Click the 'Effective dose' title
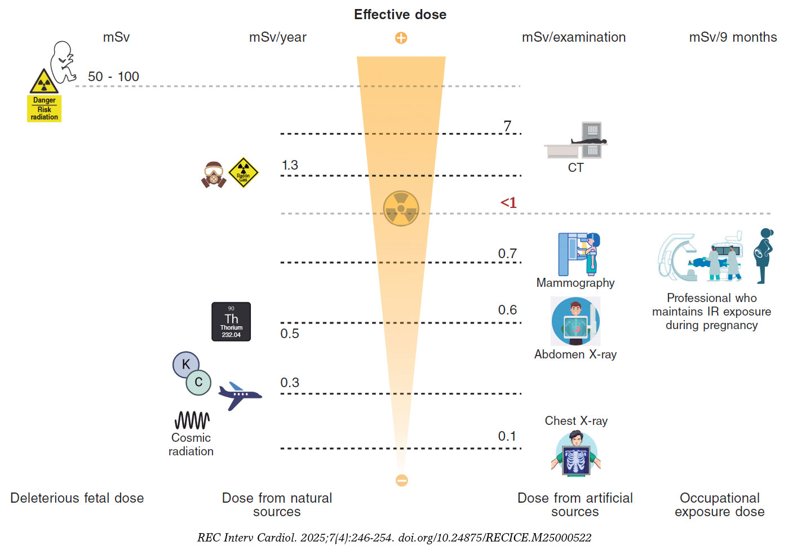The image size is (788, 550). (400, 15)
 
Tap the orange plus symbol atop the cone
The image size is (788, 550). (401, 38)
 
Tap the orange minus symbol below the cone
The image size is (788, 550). (401, 480)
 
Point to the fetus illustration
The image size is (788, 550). (63, 61)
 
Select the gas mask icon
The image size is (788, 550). (214, 174)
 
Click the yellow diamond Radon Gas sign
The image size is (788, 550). (243, 172)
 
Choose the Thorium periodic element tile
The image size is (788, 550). (231, 322)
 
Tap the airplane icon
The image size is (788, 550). (240, 396)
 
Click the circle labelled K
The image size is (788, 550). (185, 365)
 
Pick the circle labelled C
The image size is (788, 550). (198, 383)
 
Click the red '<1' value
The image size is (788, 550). (508, 203)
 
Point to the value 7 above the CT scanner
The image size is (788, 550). (507, 126)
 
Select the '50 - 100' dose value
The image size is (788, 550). (113, 77)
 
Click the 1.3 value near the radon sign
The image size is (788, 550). (290, 165)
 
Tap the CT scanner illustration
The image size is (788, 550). (576, 141)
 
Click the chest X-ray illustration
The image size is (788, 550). (575, 453)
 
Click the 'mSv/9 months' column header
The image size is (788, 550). (733, 37)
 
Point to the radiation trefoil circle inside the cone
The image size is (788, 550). (401, 209)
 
